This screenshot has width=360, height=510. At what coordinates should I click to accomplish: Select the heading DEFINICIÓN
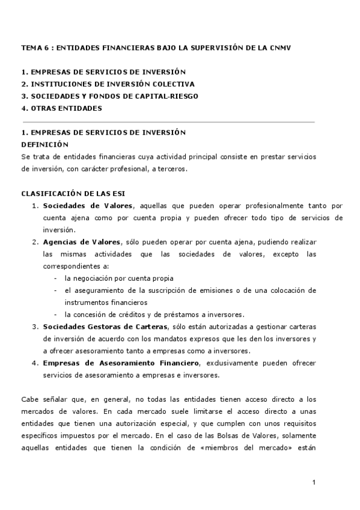(45, 144)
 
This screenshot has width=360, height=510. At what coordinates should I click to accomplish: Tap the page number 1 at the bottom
(314, 482)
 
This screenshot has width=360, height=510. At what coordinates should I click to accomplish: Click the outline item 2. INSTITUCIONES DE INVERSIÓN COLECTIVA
(108, 84)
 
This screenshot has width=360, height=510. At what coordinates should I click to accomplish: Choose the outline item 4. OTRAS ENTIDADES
(61, 108)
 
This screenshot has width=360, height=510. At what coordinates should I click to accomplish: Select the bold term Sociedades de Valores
(88, 206)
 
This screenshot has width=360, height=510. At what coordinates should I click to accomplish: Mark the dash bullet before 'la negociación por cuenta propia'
(55, 278)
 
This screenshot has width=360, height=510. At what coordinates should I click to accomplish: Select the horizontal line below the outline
(168, 121)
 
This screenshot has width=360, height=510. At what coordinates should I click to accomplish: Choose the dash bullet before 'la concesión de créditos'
(55, 315)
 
